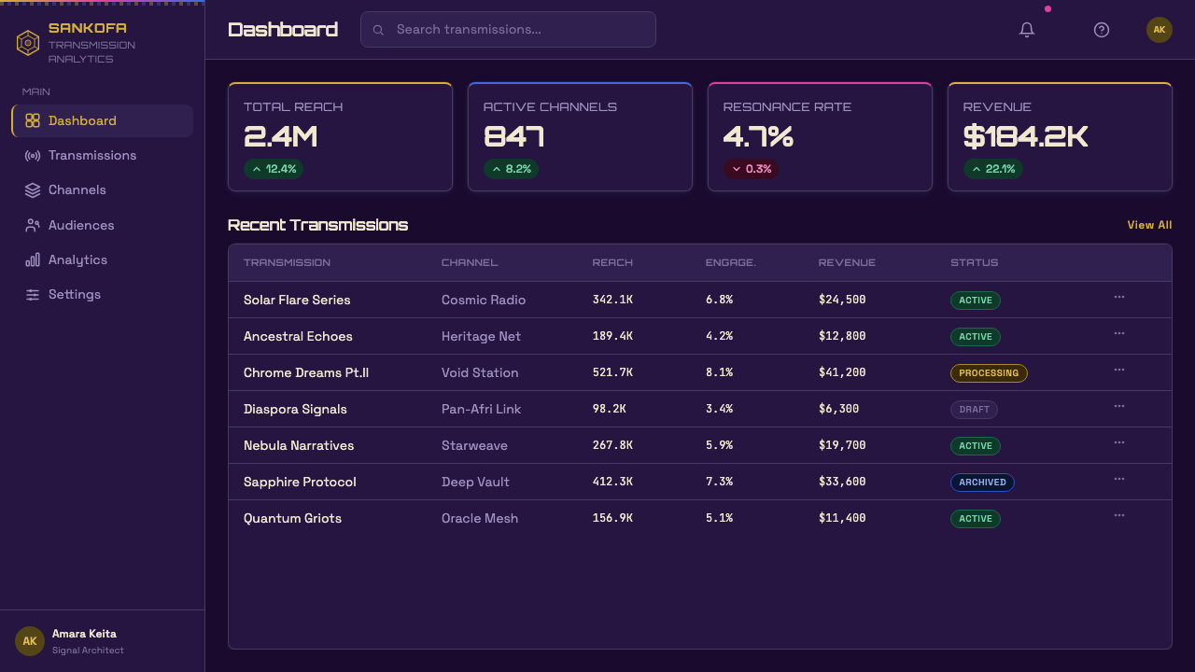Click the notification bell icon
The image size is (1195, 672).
tap(1026, 29)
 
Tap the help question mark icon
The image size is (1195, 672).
tap(1101, 30)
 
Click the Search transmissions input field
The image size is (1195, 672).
tap(508, 29)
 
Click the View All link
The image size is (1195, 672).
tap(1149, 225)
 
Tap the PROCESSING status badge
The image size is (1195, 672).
tap(989, 372)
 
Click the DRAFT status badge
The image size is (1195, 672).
tap(974, 410)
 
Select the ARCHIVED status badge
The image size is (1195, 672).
tap(982, 483)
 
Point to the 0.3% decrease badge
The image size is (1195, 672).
tap(751, 169)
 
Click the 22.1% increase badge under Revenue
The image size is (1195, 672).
tap(992, 169)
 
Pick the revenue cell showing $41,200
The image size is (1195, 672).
tap(842, 372)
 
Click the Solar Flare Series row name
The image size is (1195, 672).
tap(297, 300)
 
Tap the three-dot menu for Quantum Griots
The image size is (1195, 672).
tap(1118, 516)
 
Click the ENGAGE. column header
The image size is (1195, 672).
tap(730, 262)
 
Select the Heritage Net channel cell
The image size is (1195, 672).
tap(481, 336)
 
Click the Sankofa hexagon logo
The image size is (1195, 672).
tap(28, 43)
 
